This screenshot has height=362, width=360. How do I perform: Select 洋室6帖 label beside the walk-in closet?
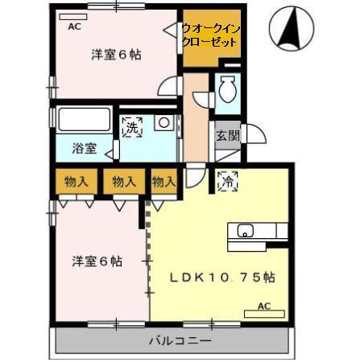coord(116,55)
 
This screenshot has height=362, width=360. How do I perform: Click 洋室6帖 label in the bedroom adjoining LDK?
coord(97,261)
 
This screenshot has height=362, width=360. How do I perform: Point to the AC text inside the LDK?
coord(263,306)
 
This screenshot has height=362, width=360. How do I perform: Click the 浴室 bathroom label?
coord(84,148)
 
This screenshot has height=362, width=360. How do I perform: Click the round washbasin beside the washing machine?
coord(163,123)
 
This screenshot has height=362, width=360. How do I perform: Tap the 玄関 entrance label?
coord(227,135)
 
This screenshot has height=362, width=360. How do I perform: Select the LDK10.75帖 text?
coord(222,277)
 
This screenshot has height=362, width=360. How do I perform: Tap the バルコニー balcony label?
coord(180,342)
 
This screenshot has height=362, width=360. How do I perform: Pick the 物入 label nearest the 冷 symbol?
coord(163,182)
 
